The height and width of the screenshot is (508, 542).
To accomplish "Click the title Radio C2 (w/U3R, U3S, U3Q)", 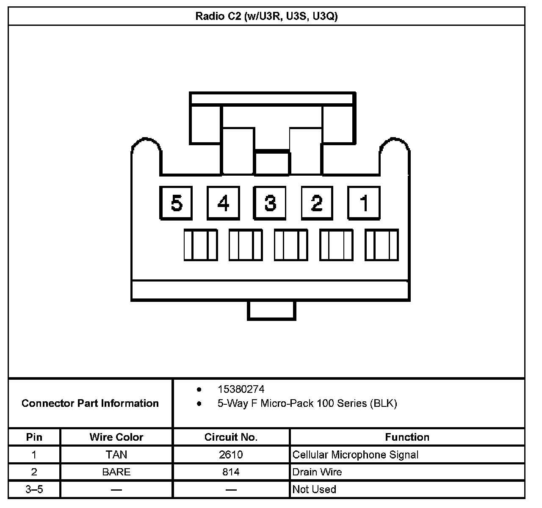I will [266, 17].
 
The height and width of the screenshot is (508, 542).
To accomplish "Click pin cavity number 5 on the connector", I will [176, 203].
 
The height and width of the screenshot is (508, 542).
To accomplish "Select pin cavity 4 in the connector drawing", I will [223, 203].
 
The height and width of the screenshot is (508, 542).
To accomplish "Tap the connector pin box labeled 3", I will [270, 203].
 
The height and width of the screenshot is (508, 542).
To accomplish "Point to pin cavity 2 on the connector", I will [317, 203].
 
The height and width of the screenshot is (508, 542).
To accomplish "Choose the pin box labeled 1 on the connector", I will [364, 203].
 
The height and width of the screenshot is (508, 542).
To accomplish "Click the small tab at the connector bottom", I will [271, 310].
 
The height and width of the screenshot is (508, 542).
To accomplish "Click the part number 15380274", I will [241, 389].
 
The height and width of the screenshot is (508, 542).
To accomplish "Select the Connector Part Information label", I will [90, 403].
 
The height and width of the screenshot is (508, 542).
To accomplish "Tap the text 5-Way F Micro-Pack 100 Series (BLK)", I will [307, 403].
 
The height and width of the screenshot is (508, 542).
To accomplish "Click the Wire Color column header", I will [116, 437].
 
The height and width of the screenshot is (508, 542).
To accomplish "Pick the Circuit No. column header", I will [231, 437].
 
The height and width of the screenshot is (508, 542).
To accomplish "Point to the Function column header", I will [407, 437].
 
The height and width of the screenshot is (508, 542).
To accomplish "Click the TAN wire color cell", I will [116, 455].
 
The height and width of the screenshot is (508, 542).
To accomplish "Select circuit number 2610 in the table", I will [231, 455].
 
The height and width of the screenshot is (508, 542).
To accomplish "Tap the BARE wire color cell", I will [116, 472].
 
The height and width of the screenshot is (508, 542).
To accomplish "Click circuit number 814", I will [231, 472].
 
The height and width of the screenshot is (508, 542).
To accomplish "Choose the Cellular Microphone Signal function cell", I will [355, 455].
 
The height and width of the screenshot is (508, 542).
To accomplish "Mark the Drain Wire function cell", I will [317, 472].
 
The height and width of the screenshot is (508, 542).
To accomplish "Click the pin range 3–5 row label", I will [34, 489].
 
